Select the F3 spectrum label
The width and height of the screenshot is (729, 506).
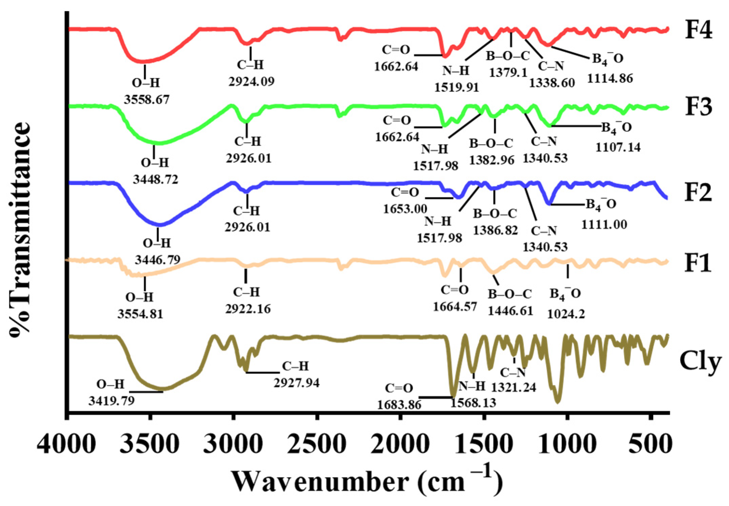click(698, 107)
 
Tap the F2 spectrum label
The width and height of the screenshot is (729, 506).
click(698, 192)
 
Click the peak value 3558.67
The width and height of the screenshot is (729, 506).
click(147, 100)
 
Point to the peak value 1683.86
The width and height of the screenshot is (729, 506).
click(399, 404)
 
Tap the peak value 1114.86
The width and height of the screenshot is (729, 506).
click(610, 79)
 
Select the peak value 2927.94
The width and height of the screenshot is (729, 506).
click(296, 383)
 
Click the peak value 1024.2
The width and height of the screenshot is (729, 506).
click(566, 314)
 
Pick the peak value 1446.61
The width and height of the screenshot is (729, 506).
click(510, 311)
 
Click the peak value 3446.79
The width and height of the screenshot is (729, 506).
click(157, 260)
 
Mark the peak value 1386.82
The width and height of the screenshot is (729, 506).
click(495, 231)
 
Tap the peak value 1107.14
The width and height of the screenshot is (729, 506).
click(618, 147)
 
